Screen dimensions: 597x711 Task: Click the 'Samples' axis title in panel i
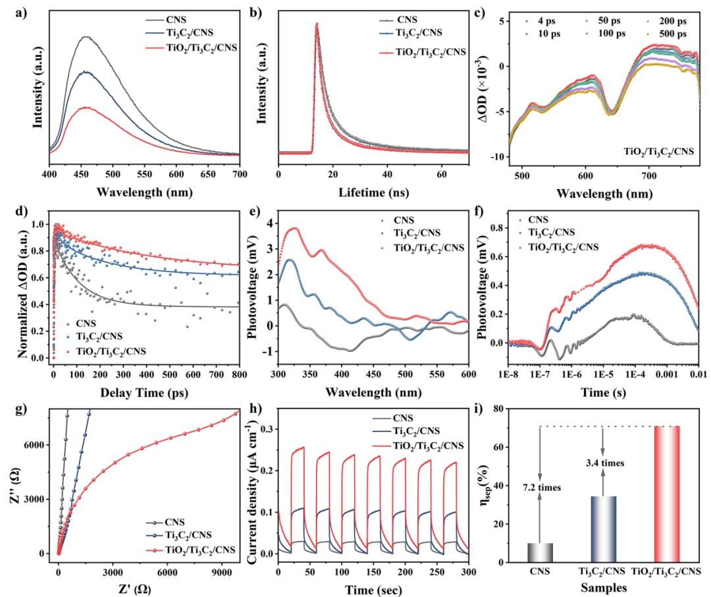click(x=603, y=586)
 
